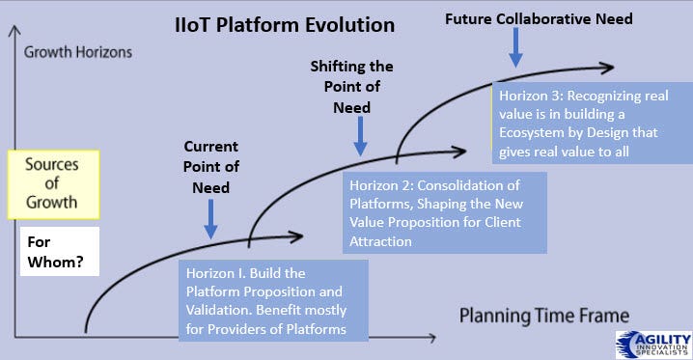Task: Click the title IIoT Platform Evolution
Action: (285, 25)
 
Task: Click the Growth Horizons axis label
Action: (78, 52)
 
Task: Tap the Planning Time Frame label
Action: (544, 316)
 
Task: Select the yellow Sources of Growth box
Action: (53, 184)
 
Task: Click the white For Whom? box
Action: (60, 251)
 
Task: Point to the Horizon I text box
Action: (273, 300)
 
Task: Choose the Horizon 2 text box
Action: (445, 212)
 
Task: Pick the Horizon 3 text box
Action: (593, 123)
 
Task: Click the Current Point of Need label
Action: (210, 167)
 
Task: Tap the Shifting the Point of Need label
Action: (351, 87)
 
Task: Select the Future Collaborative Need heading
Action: (539, 19)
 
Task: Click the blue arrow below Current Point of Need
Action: (210, 219)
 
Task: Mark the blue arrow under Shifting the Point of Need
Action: (361, 136)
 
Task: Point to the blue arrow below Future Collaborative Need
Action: (515, 47)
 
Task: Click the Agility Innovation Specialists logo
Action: (654, 345)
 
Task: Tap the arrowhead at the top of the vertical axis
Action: (14, 30)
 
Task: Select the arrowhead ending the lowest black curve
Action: (296, 236)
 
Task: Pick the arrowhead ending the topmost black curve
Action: (607, 68)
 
